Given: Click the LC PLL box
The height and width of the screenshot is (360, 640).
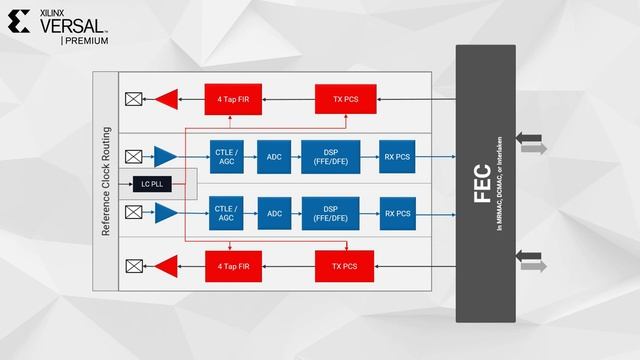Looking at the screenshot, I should click(153, 184).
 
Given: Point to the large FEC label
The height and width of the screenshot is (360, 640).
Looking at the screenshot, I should click(482, 184).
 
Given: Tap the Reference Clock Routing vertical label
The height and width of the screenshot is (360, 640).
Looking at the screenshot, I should click(106, 182).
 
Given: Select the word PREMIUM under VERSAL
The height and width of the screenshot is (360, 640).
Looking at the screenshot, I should click(87, 41).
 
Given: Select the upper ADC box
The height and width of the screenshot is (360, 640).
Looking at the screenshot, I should click(273, 156).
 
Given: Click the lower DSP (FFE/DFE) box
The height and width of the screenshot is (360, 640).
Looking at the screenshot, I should click(330, 213).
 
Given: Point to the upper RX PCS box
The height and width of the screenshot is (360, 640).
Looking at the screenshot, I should click(397, 156).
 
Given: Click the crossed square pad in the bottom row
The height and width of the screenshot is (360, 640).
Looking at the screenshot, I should click(133, 266).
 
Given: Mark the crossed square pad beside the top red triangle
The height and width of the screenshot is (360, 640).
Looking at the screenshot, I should click(133, 98).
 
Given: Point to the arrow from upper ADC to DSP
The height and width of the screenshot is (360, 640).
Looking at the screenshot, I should click(296, 156).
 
